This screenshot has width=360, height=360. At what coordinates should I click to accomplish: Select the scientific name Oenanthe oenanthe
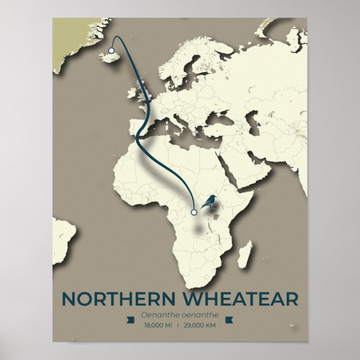pyautogui.click(x=179, y=315)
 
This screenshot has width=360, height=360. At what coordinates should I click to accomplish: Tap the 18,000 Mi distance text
pyautogui.click(x=158, y=325)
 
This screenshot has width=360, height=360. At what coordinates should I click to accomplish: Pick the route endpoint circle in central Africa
pyautogui.click(x=194, y=212)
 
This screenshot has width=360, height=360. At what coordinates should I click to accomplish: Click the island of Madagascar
pyautogui.click(x=245, y=254)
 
